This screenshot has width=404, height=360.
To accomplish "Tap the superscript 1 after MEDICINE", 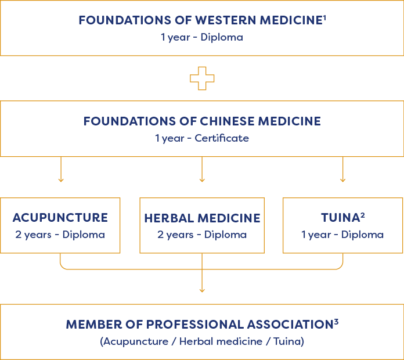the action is [324, 17].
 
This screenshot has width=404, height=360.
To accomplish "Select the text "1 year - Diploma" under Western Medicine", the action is [202, 37].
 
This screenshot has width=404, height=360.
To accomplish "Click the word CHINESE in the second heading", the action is [227, 121].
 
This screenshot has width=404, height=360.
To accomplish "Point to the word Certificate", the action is [222, 138].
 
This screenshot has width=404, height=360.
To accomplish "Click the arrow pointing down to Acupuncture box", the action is [61, 170].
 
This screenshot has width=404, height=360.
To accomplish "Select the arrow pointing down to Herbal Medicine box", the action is [202, 170].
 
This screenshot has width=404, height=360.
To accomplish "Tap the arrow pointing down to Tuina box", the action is [342, 170].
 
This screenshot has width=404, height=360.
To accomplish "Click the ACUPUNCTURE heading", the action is [60, 218].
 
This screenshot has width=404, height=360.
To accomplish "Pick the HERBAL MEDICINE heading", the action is [202, 218].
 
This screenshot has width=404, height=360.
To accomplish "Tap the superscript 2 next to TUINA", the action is [363, 215].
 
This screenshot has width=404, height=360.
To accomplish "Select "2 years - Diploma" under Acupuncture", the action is [60, 235].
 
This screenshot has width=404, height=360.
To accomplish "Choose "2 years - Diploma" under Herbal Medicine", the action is [202, 235].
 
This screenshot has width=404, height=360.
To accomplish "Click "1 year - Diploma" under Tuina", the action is [342, 235].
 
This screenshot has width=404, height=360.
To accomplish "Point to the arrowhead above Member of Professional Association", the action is [202, 291].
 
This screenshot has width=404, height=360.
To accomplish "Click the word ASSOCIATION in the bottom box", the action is [290, 325].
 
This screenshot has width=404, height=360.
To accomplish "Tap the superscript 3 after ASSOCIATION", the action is [336, 322].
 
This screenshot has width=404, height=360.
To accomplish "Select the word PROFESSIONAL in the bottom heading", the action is [195, 325].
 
